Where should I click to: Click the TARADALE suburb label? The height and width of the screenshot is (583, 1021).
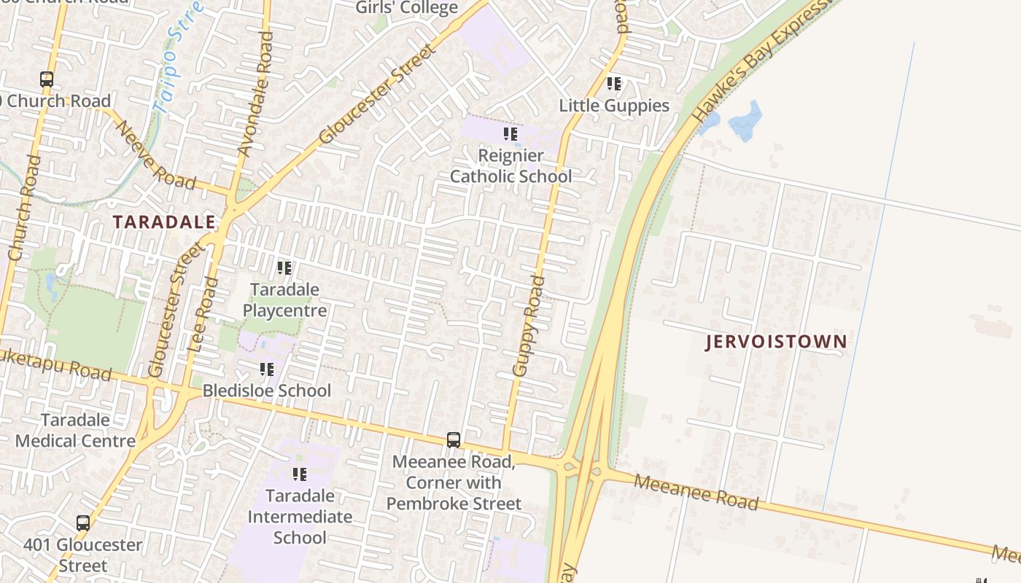[164, 222]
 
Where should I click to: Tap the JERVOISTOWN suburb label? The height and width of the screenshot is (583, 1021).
[776, 342]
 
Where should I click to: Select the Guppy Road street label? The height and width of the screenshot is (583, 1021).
[529, 326]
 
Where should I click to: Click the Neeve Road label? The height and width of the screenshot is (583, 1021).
[155, 155]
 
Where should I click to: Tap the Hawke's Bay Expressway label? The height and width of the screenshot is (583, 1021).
[761, 62]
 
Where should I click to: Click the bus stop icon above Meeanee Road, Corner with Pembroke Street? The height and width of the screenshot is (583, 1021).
[454, 440]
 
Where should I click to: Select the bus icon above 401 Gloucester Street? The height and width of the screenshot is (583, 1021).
[83, 523]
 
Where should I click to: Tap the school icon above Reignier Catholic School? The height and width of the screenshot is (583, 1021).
[510, 134]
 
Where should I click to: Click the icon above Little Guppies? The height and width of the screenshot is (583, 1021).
[614, 85]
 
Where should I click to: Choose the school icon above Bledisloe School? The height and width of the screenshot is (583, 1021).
[267, 370]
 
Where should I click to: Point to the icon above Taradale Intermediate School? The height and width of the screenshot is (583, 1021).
[300, 475]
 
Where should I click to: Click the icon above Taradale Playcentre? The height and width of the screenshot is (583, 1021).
[284, 268]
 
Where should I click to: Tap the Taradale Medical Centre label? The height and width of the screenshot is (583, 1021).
[75, 430]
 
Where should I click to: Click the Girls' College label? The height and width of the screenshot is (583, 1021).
[407, 8]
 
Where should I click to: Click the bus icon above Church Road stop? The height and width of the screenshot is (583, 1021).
[47, 79]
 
